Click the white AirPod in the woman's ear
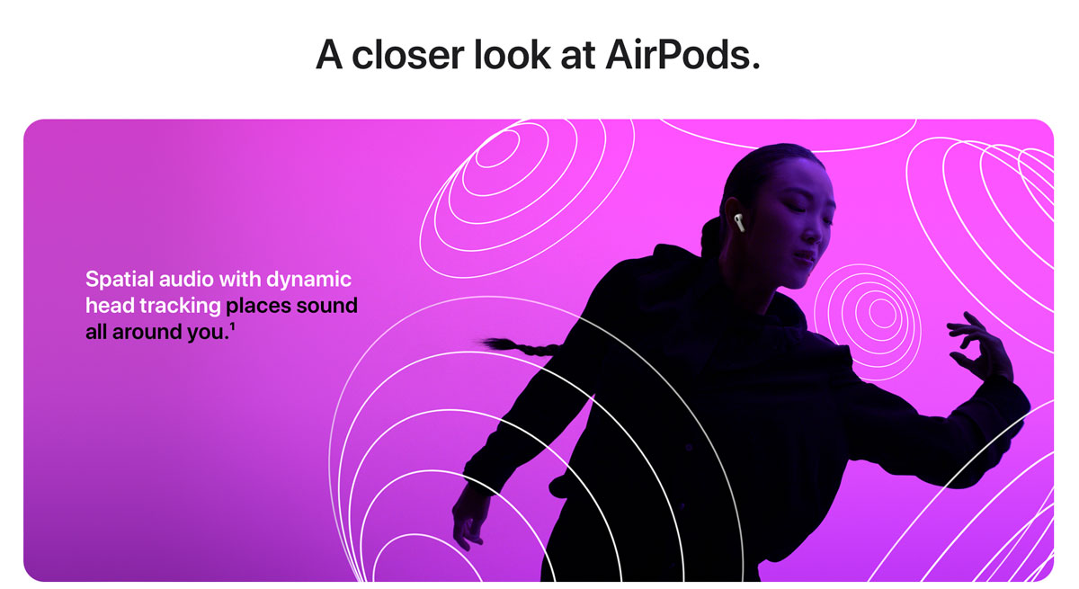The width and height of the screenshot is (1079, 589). click(737, 221)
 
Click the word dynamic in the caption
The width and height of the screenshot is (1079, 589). click(308, 279)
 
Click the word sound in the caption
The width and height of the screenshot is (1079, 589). click(328, 306)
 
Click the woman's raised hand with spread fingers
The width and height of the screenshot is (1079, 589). click(980, 346)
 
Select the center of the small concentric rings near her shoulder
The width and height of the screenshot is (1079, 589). click(881, 313)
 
